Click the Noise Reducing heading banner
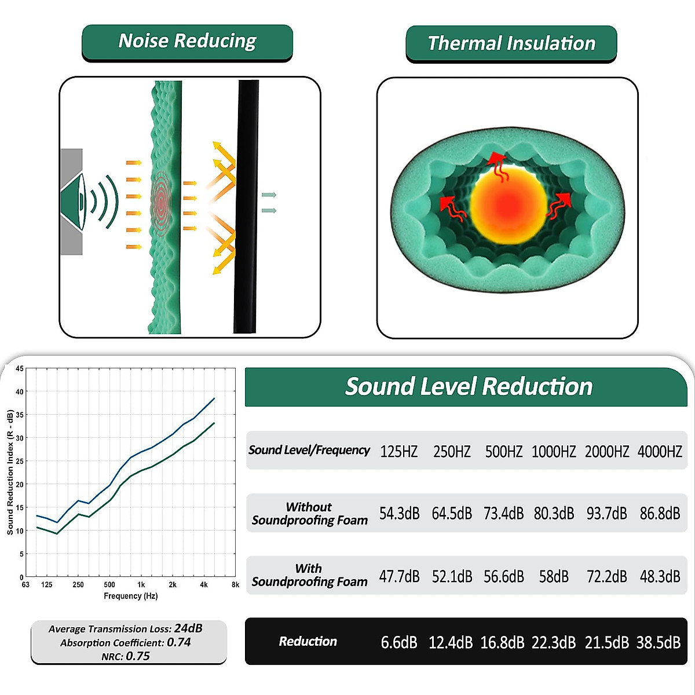[x=187, y=42]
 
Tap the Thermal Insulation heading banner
[x=511, y=43]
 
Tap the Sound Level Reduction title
[x=469, y=386]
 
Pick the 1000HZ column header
[x=554, y=452]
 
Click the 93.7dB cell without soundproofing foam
[x=606, y=514]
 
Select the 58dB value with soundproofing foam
[x=554, y=576]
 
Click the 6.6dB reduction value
[x=399, y=642]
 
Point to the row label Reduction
[x=308, y=641]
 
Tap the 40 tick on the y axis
[x=20, y=392]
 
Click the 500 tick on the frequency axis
[x=109, y=585]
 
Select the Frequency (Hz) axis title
[x=131, y=596]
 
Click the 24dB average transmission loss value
[x=188, y=628]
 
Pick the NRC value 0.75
[x=138, y=656]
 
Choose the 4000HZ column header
[x=660, y=452]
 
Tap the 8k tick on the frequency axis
[x=235, y=585]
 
